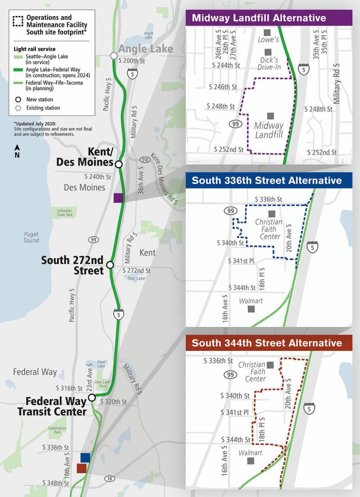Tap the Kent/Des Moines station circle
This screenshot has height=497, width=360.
[119, 164]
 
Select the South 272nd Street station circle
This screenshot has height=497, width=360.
[110, 265]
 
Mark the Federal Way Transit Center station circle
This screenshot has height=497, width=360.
[92, 398]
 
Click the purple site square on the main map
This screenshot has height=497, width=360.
[118, 197]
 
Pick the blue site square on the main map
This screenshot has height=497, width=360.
[85, 457]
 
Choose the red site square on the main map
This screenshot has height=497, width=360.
[82, 468]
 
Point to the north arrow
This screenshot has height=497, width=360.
[17, 150]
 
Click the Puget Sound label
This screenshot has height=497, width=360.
[31, 237]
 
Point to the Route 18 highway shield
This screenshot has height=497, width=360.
[110, 479]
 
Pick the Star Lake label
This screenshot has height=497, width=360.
[136, 279]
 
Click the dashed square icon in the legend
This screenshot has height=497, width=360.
[18, 21]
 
